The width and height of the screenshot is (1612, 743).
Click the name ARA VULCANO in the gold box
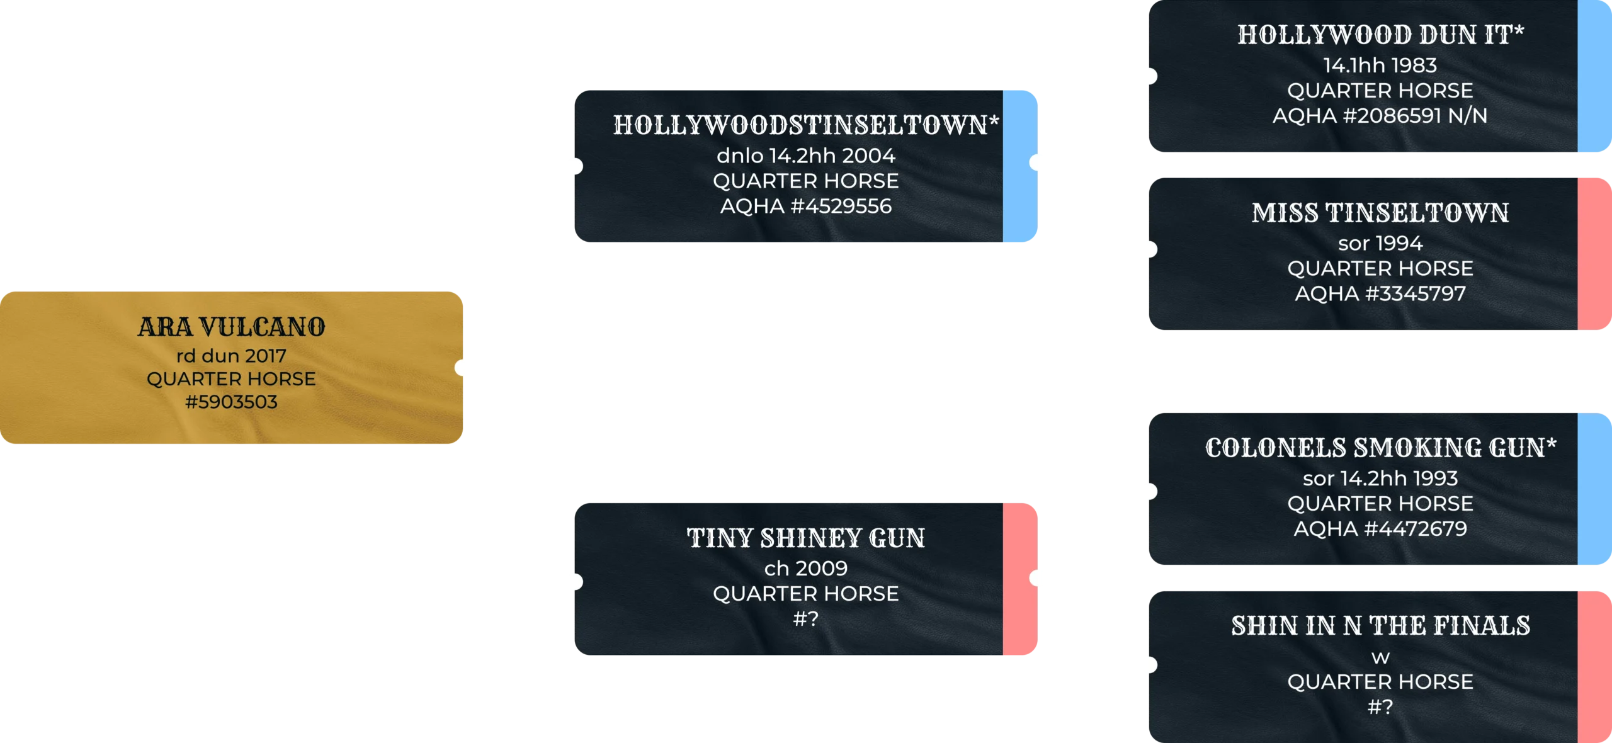[x=231, y=327]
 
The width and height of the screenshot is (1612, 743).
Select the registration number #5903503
[x=231, y=402]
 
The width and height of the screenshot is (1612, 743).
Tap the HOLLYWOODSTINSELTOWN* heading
[x=805, y=125]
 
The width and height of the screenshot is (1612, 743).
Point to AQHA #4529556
[x=805, y=206]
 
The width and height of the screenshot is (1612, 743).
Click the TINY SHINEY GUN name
[x=805, y=538]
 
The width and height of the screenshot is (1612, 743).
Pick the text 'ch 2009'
[x=805, y=568]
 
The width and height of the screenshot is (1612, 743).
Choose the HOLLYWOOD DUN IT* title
[x=1380, y=35]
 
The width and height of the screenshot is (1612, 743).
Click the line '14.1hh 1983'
[x=1380, y=65]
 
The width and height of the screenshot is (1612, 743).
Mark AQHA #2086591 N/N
[x=1380, y=116]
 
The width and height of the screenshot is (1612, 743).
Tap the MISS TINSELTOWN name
[x=1380, y=213]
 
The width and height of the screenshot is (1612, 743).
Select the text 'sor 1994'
[x=1380, y=243]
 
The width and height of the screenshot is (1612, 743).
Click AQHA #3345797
[x=1380, y=293]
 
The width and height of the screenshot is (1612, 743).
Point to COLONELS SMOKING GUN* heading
[x=1380, y=448]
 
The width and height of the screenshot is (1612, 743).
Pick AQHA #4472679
[x=1380, y=528]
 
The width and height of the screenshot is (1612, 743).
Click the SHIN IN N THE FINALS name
[x=1380, y=626]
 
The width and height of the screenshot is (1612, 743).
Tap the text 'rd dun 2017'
[x=231, y=356]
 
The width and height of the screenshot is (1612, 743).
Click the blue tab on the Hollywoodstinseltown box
[x=1020, y=166]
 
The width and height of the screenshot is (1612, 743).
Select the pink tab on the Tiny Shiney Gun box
[x=1020, y=579]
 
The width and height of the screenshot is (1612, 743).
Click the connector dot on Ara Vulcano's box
[x=465, y=368]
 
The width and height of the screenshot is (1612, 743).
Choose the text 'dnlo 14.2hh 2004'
[x=805, y=156]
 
